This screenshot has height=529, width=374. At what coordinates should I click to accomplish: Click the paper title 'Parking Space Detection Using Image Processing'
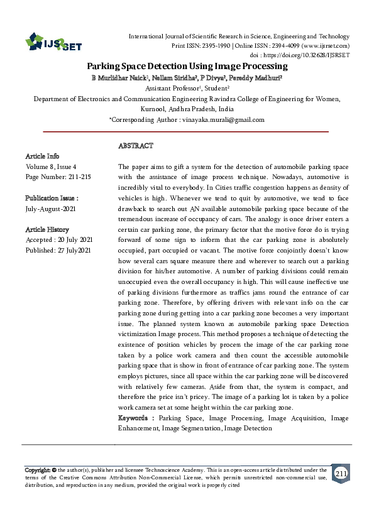click(187, 66)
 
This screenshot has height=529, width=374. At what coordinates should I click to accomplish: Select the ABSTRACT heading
click(135, 146)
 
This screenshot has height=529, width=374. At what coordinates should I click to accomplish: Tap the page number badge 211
click(341, 473)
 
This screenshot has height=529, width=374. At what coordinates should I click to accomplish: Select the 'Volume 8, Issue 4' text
click(51, 166)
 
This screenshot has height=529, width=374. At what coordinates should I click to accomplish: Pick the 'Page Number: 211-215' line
click(58, 177)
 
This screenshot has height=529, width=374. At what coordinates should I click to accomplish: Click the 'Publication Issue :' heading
click(52, 198)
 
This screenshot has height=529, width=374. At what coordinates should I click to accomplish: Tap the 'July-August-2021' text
click(51, 209)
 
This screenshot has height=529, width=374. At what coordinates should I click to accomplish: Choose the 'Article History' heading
click(47, 230)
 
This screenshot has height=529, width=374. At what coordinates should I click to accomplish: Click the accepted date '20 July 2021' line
click(58, 241)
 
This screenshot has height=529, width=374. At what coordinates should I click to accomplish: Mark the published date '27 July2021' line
click(58, 251)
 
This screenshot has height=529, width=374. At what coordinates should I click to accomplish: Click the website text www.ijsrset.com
click(325, 46)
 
